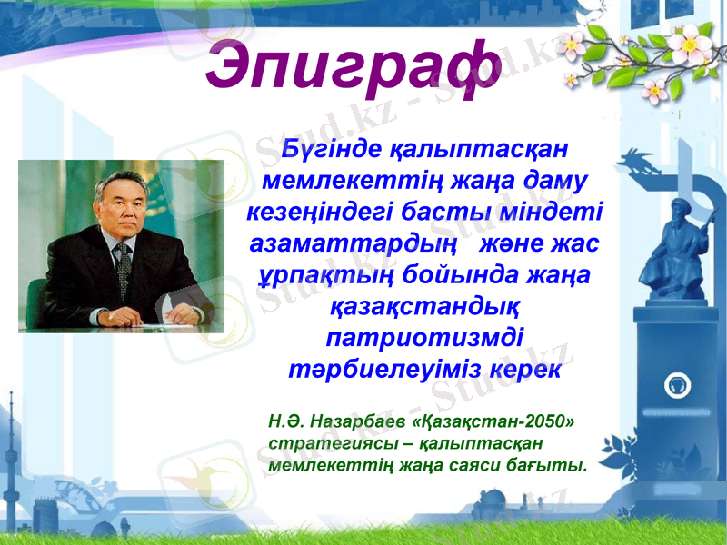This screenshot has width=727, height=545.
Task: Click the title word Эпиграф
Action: point(353,66)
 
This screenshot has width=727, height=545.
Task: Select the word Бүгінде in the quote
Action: point(333,146)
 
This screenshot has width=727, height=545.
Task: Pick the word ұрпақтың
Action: point(315,276)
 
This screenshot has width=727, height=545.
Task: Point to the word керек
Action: point(525,372)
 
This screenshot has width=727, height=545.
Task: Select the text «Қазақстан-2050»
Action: point(493,422)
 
